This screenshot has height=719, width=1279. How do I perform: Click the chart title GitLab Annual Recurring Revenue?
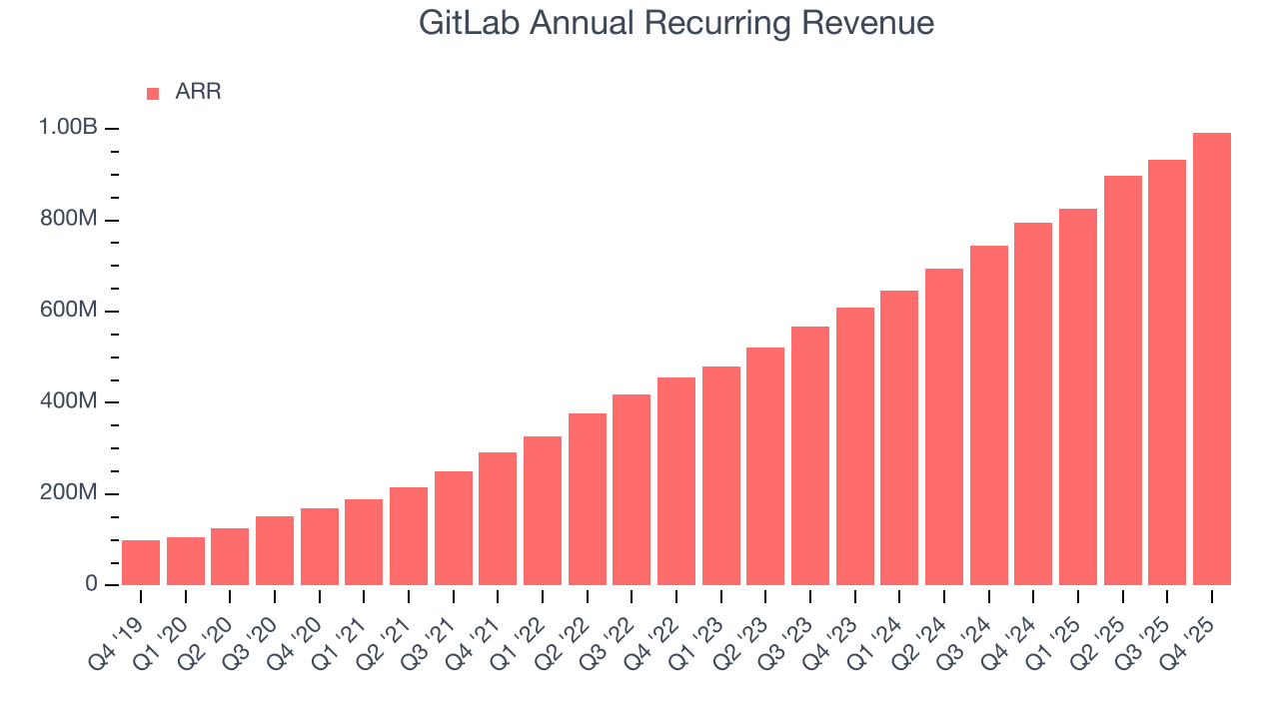click(x=676, y=23)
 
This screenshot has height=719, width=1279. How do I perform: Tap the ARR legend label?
click(x=198, y=92)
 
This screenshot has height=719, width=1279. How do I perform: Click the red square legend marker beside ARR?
click(x=153, y=93)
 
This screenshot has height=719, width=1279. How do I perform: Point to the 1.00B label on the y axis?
click(x=68, y=128)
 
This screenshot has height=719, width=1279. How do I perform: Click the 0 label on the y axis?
click(x=91, y=584)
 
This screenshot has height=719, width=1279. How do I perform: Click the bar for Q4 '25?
click(x=1212, y=359)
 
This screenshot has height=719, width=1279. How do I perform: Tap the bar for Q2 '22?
click(x=588, y=499)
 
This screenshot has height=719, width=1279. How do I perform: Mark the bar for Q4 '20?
click(x=320, y=546)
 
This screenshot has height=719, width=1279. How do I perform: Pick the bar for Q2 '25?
click(x=1123, y=380)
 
